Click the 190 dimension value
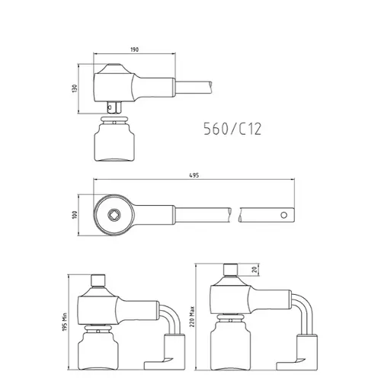pyautogui.click(x=135, y=50)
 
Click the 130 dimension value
pyautogui.click(x=75, y=88)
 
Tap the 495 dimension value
pyautogui.click(x=194, y=175)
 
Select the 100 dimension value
pyautogui.click(x=75, y=215)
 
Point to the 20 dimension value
pyautogui.click(x=255, y=270)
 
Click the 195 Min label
pyautogui.click(x=65, y=322)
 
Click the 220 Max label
pyautogui.click(x=192, y=316)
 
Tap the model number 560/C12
pyautogui.click(x=232, y=129)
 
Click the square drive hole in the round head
pyautogui.click(x=114, y=215)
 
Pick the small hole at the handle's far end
pyautogui.click(x=283, y=215)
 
